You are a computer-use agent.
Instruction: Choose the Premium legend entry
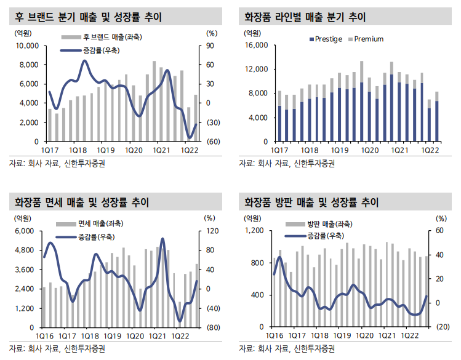pyautogui.click(x=368, y=39)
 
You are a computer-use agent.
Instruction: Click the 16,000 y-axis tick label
pyautogui.click(x=257, y=46)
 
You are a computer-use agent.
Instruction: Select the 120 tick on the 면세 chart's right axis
pyautogui.click(x=211, y=231)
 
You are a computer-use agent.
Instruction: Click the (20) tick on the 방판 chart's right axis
pyautogui.click(x=441, y=327)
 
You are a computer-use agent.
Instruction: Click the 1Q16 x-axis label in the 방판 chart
pyautogui.click(x=274, y=336)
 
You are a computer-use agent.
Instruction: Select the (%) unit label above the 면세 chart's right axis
pyautogui.click(x=209, y=218)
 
